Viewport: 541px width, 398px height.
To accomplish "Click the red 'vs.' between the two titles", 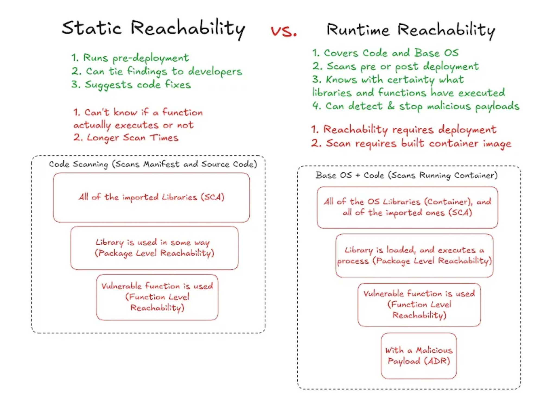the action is tap(284, 31).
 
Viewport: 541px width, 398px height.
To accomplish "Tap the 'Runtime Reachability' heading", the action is tap(411, 30).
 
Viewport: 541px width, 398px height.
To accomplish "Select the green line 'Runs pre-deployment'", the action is tap(130, 58).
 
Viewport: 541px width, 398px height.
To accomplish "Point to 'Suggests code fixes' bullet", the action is tap(131, 84).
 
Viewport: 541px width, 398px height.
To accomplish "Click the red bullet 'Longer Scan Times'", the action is tap(126, 137).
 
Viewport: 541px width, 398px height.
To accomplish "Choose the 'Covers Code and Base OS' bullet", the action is tap(386, 53).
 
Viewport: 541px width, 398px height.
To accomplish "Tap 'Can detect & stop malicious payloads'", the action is tap(416, 106).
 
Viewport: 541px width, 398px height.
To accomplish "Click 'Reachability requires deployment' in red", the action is tap(404, 129).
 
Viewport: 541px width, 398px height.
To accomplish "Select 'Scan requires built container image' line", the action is tap(411, 143).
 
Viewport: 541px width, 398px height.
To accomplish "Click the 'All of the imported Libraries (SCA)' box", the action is tap(151, 197).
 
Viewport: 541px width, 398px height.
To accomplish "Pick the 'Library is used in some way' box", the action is tap(154, 248).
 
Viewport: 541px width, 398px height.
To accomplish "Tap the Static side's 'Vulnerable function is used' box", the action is tap(157, 297).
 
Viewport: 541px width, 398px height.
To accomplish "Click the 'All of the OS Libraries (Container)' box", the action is tap(407, 207).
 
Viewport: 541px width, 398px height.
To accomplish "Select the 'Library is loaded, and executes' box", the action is tap(414, 255).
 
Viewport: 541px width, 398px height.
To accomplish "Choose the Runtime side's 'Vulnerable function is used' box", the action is tap(419, 304).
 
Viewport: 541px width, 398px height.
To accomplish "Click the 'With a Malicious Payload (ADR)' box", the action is tap(419, 355).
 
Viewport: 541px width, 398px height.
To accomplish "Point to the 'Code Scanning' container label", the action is tap(153, 164).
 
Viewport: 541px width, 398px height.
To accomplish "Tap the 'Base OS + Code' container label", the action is tap(406, 175).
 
